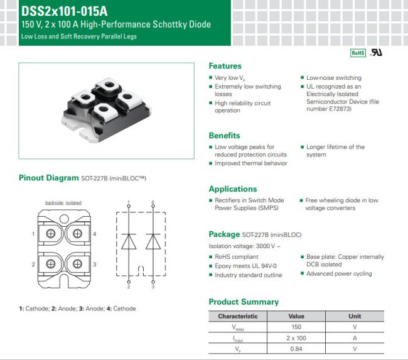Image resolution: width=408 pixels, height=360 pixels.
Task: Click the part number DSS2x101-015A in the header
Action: [x=64, y=11]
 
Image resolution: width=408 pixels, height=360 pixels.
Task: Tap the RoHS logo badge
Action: [x=358, y=53]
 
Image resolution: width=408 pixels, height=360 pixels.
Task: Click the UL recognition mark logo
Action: [x=377, y=53]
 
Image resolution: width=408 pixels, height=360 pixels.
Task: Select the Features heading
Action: [x=225, y=66]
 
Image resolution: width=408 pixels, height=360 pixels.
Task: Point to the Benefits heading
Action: [x=224, y=136]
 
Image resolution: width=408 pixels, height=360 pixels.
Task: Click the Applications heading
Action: [x=233, y=189]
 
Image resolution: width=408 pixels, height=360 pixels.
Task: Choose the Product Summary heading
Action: [x=244, y=302]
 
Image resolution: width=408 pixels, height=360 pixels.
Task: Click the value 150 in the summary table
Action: [x=296, y=327]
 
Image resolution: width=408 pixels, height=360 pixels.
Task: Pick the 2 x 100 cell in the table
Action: [x=296, y=338]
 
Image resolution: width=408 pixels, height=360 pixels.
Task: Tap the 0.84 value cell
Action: [x=296, y=349]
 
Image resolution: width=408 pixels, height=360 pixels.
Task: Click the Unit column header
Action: [x=355, y=316]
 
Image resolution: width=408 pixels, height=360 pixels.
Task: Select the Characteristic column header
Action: [x=238, y=316]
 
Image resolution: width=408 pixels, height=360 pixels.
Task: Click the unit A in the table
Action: [x=355, y=338]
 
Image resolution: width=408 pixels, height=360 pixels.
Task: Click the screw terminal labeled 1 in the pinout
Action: [x=50, y=233]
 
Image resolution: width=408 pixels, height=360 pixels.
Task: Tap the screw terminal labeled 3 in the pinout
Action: [x=77, y=264]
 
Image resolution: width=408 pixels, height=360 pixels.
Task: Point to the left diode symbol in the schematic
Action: [x=129, y=241]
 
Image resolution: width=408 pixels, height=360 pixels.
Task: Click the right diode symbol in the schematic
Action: [x=153, y=241]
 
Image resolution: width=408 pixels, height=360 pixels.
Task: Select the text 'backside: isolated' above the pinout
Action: [x=63, y=203]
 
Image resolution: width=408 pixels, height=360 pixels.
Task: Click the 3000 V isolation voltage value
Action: [x=266, y=246]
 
